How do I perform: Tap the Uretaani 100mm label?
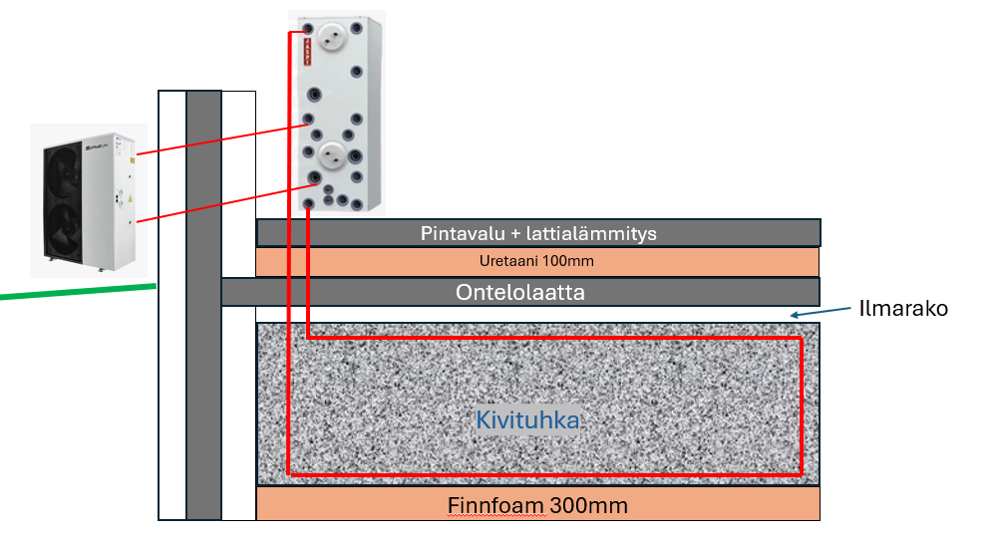(537, 262)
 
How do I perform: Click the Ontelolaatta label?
(519, 293)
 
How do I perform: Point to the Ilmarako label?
(902, 309)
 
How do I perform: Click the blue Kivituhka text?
(527, 420)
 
